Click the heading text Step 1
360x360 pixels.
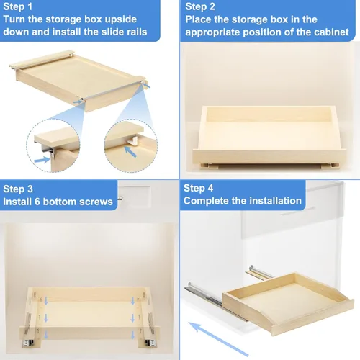pyautogui.click(x=17, y=6)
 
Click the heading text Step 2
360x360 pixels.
pyautogui.click(x=200, y=6)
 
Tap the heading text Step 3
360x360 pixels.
pyautogui.click(x=18, y=189)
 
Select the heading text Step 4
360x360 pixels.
pyautogui.click(x=198, y=188)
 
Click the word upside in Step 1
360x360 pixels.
pyautogui.click(x=121, y=19)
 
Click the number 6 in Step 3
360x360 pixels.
pyautogui.click(x=37, y=202)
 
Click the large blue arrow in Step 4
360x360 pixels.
pyautogui.click(x=218, y=339)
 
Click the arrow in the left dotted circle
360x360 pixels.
pyautogui.click(x=42, y=160)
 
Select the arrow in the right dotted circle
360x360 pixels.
pyautogui.click(x=130, y=152)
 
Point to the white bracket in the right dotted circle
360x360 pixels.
pyautogui.click(x=132, y=141)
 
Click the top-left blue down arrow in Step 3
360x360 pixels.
pyautogui.click(x=46, y=301)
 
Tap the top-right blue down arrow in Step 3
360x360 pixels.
pyautogui.click(x=132, y=301)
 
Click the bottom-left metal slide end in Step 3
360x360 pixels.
pyautogui.click(x=27, y=342)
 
